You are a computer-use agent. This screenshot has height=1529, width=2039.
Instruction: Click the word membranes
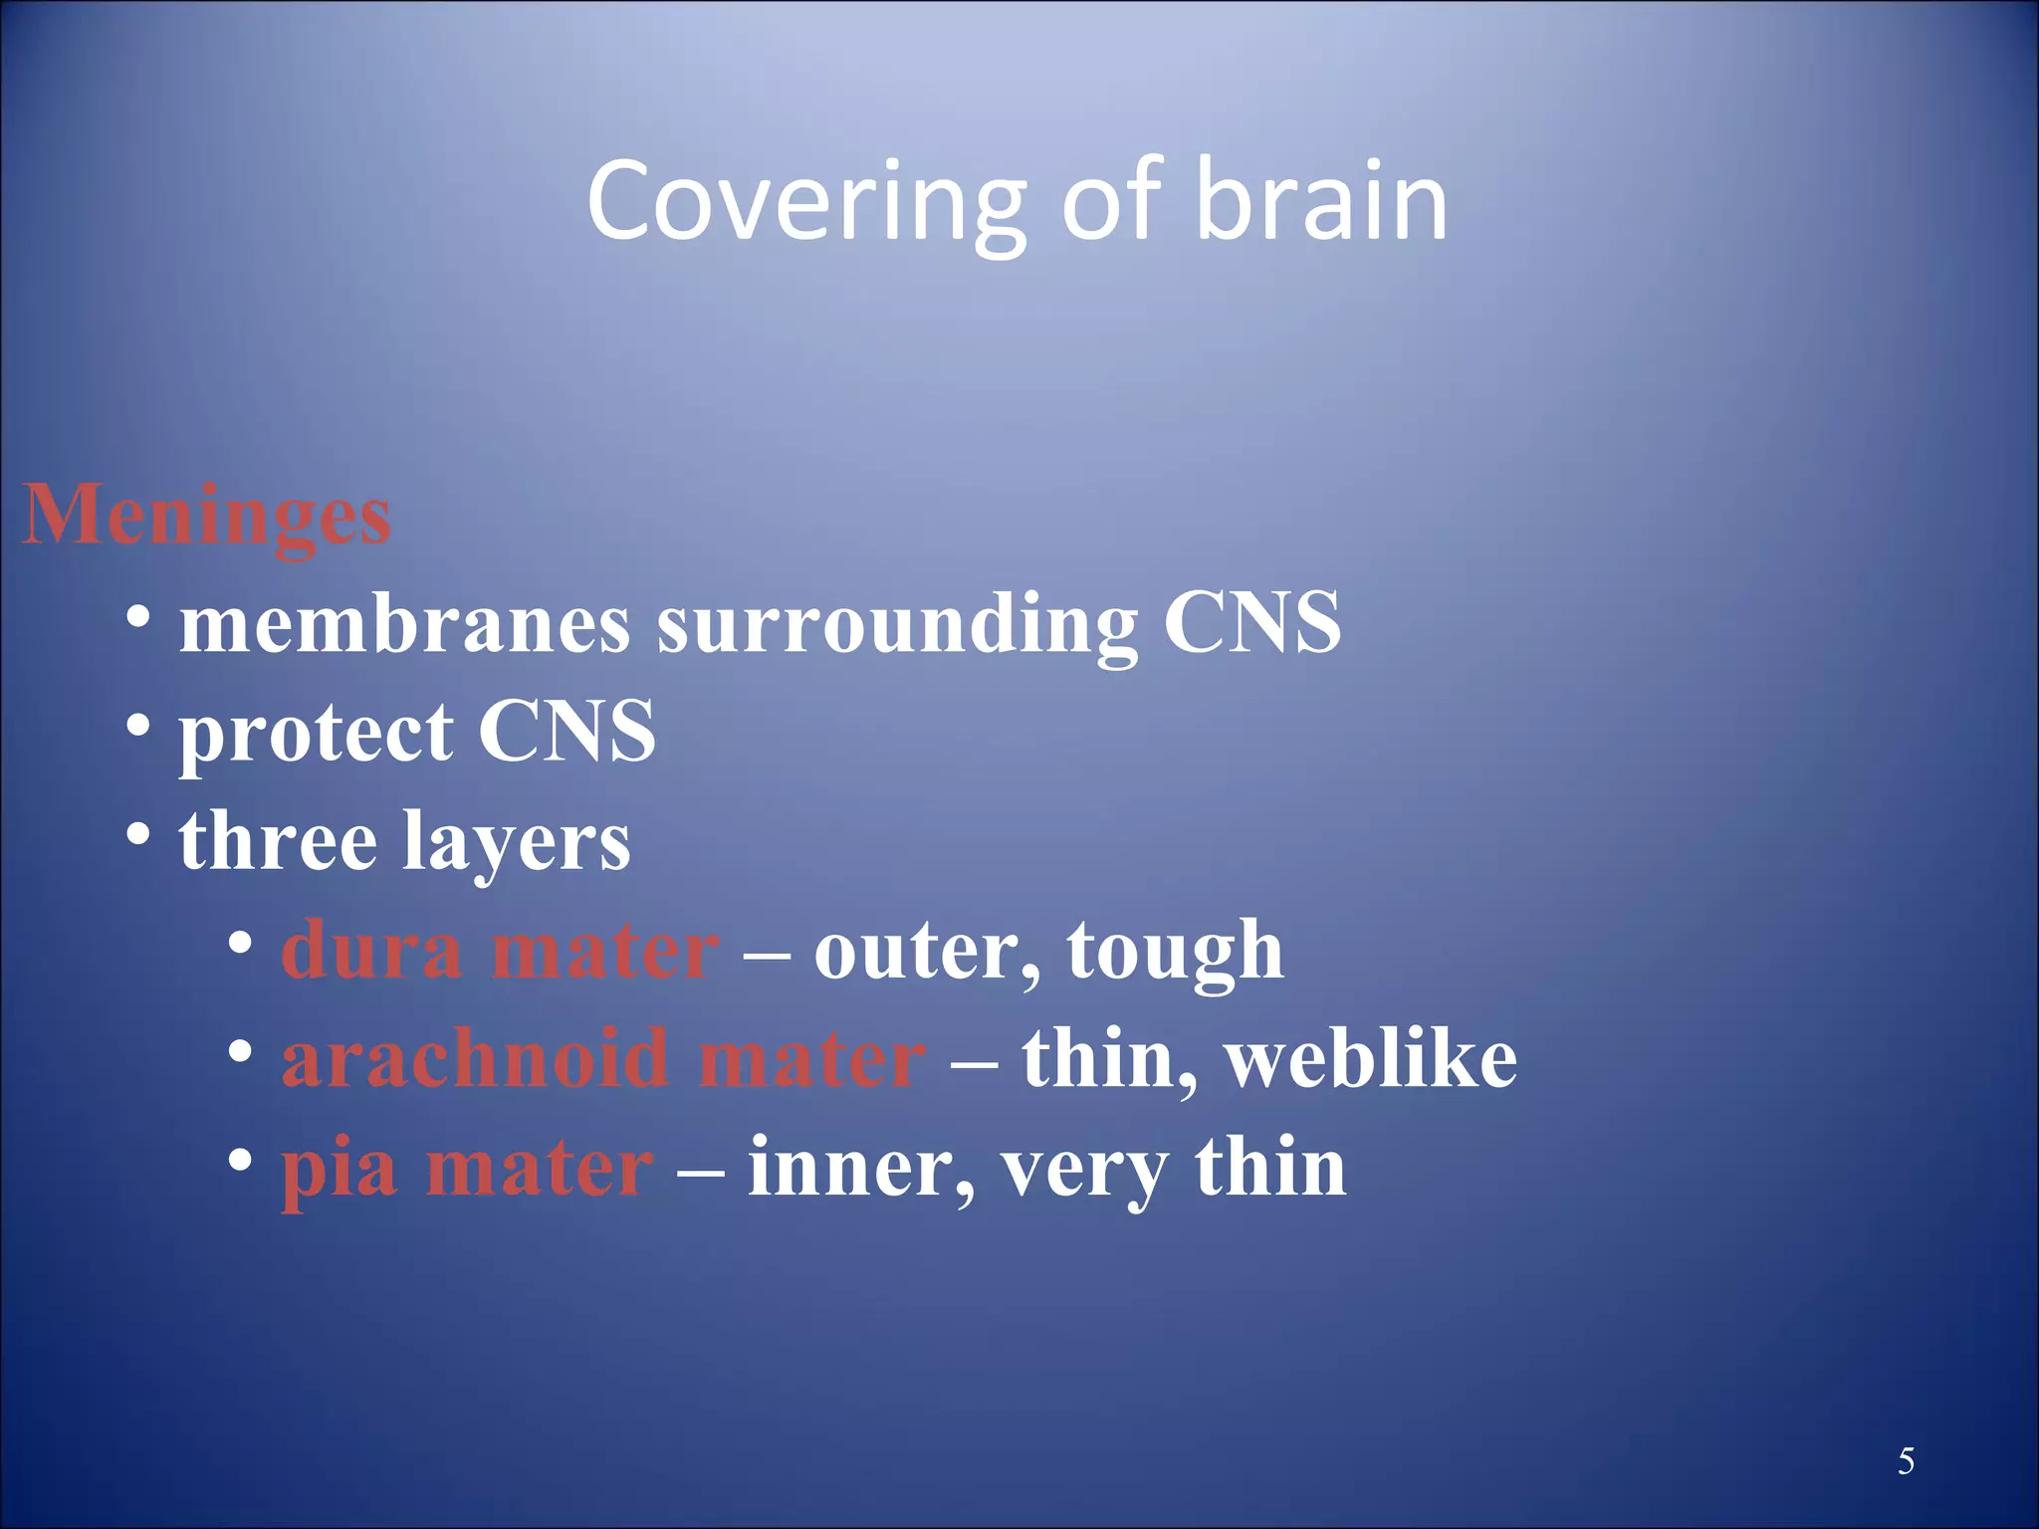[x=404, y=624]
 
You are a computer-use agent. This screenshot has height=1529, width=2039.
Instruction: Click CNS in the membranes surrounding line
[x=1252, y=622]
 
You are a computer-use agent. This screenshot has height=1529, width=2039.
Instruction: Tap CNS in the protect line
[x=566, y=732]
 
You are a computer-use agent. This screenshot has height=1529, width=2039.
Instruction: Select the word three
[x=278, y=841]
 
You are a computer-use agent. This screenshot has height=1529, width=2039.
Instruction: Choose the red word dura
[x=371, y=951]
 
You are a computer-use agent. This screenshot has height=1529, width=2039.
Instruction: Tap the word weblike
[x=1371, y=1058]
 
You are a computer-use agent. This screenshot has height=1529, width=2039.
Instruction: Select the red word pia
[x=339, y=1171]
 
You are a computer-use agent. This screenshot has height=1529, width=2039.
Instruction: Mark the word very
[x=1084, y=1171]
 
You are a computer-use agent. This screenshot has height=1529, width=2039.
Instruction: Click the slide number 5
[x=1906, y=1461]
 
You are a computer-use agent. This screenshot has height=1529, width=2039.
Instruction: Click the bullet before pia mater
[x=240, y=1159]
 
